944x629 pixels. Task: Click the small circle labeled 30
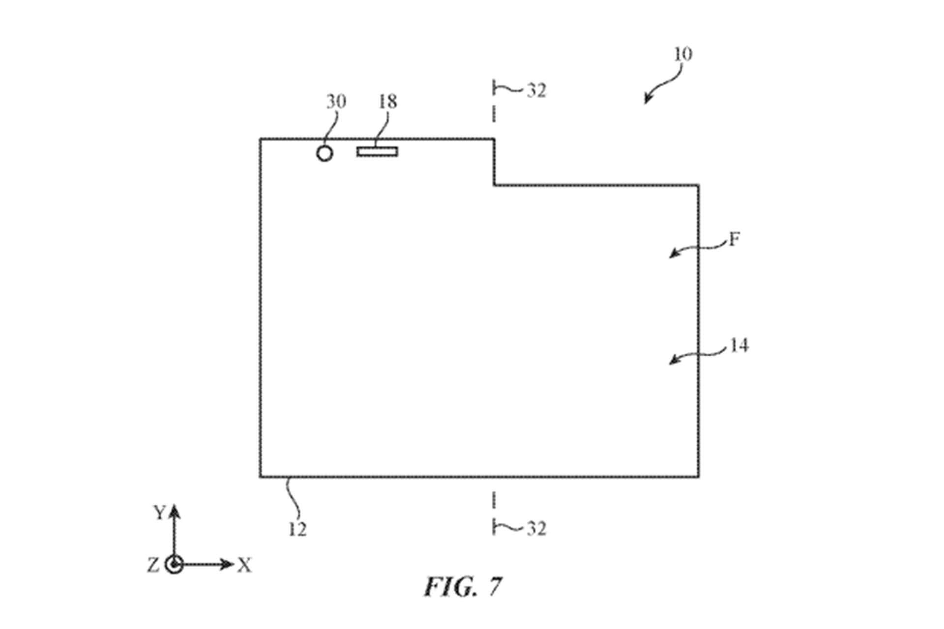coord(324,153)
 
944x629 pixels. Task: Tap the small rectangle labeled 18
coord(377,151)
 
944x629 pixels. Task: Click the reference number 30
coord(336,102)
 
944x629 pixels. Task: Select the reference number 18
coord(387,102)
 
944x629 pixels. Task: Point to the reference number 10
coord(682,54)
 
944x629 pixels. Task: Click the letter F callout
coord(734,240)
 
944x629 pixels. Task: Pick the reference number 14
coord(738,345)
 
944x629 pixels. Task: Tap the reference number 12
coord(297,529)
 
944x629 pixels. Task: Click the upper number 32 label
coord(536,90)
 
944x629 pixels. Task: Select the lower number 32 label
coord(536,528)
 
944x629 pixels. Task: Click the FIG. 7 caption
coord(463,586)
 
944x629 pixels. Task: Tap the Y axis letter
coord(159,513)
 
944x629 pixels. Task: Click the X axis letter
coord(244,566)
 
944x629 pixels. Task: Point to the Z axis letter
coord(153,565)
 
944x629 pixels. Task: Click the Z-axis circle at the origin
coord(174,565)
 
